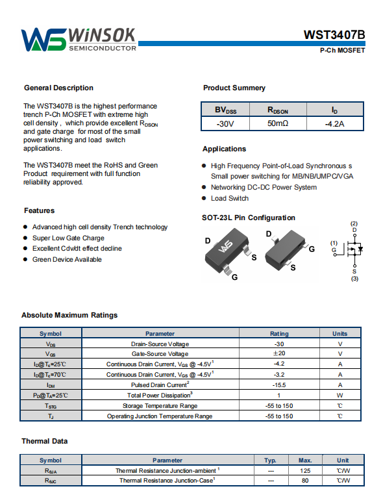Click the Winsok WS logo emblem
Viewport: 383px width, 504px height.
43,40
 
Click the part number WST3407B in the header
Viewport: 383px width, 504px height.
334,34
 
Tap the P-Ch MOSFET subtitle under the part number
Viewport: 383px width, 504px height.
342,51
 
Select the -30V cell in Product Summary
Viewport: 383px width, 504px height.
225,124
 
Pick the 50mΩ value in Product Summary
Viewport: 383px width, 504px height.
278,123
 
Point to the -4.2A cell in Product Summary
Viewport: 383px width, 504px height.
334,124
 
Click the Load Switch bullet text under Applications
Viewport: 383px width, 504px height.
229,198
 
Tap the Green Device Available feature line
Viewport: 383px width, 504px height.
67,259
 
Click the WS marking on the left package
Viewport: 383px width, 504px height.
225,246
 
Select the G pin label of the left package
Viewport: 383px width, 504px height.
234,277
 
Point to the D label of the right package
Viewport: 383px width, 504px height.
269,234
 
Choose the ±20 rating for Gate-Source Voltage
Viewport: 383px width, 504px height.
279,353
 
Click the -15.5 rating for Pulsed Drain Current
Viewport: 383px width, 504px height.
279,384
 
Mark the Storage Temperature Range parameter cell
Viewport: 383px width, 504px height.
160,406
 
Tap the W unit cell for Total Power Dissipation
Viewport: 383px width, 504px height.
340,395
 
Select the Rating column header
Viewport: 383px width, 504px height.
279,334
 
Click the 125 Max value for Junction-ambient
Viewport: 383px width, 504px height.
305,471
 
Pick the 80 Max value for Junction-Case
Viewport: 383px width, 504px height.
305,481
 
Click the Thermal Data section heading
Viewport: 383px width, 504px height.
45,441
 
